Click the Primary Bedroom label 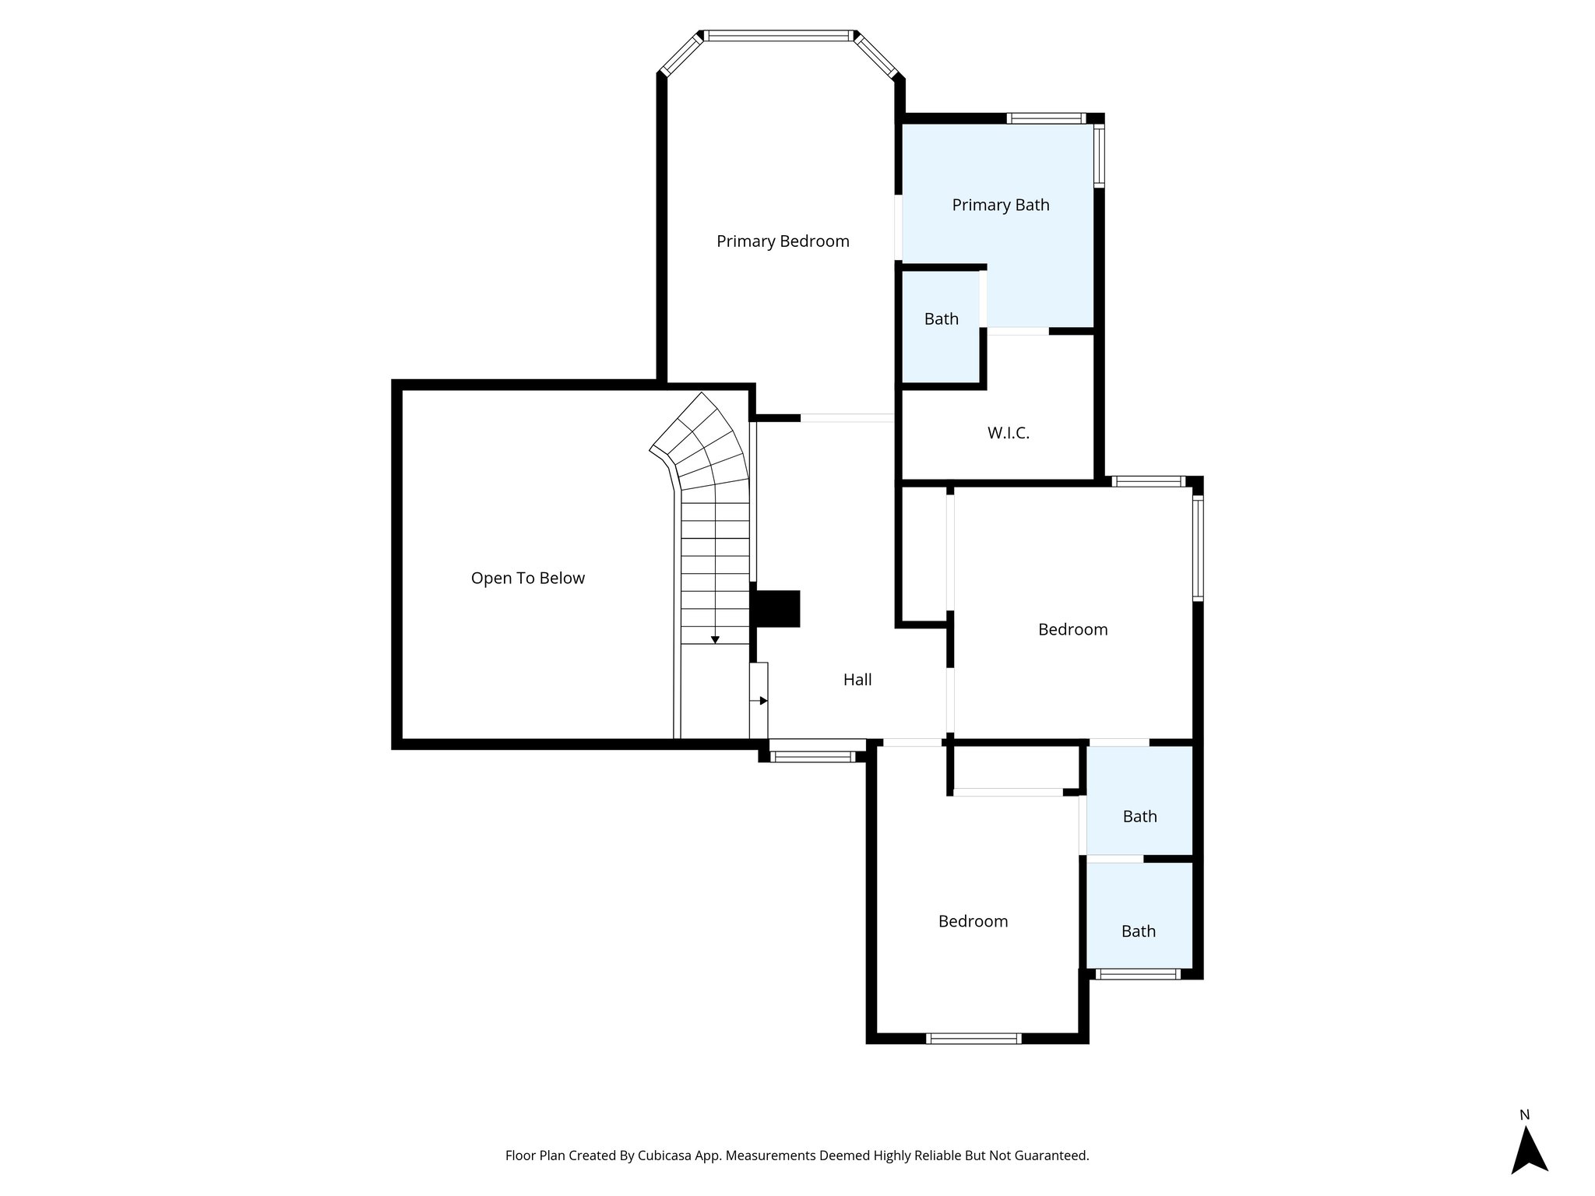coord(783,241)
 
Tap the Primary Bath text coord(1001,205)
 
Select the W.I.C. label coord(1009,433)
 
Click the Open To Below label coord(528,578)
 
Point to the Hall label coord(857,680)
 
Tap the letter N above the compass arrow coord(1525,1115)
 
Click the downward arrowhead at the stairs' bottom coord(715,639)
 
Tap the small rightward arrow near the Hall coord(762,701)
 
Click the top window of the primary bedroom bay coord(779,35)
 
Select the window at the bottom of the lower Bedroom coord(974,1038)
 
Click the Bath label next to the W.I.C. coord(942,319)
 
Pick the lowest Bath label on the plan coord(1139,931)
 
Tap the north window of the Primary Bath coord(1045,118)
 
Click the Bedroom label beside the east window coord(1072,629)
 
